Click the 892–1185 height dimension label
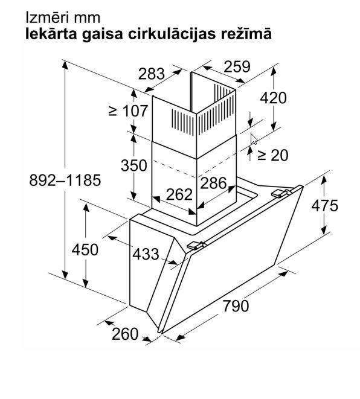click(65, 180)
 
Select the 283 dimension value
click(152, 74)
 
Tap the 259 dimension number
click(237, 66)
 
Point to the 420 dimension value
click(273, 98)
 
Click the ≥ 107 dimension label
click(128, 111)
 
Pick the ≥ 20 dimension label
click(272, 155)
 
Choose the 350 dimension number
click(134, 165)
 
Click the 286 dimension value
click(213, 183)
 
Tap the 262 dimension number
click(179, 194)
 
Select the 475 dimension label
click(324, 205)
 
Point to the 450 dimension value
click(85, 250)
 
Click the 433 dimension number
click(146, 254)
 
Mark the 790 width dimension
click(236, 306)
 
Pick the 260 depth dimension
click(125, 334)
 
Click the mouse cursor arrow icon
click(253, 139)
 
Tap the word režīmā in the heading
click(246, 34)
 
